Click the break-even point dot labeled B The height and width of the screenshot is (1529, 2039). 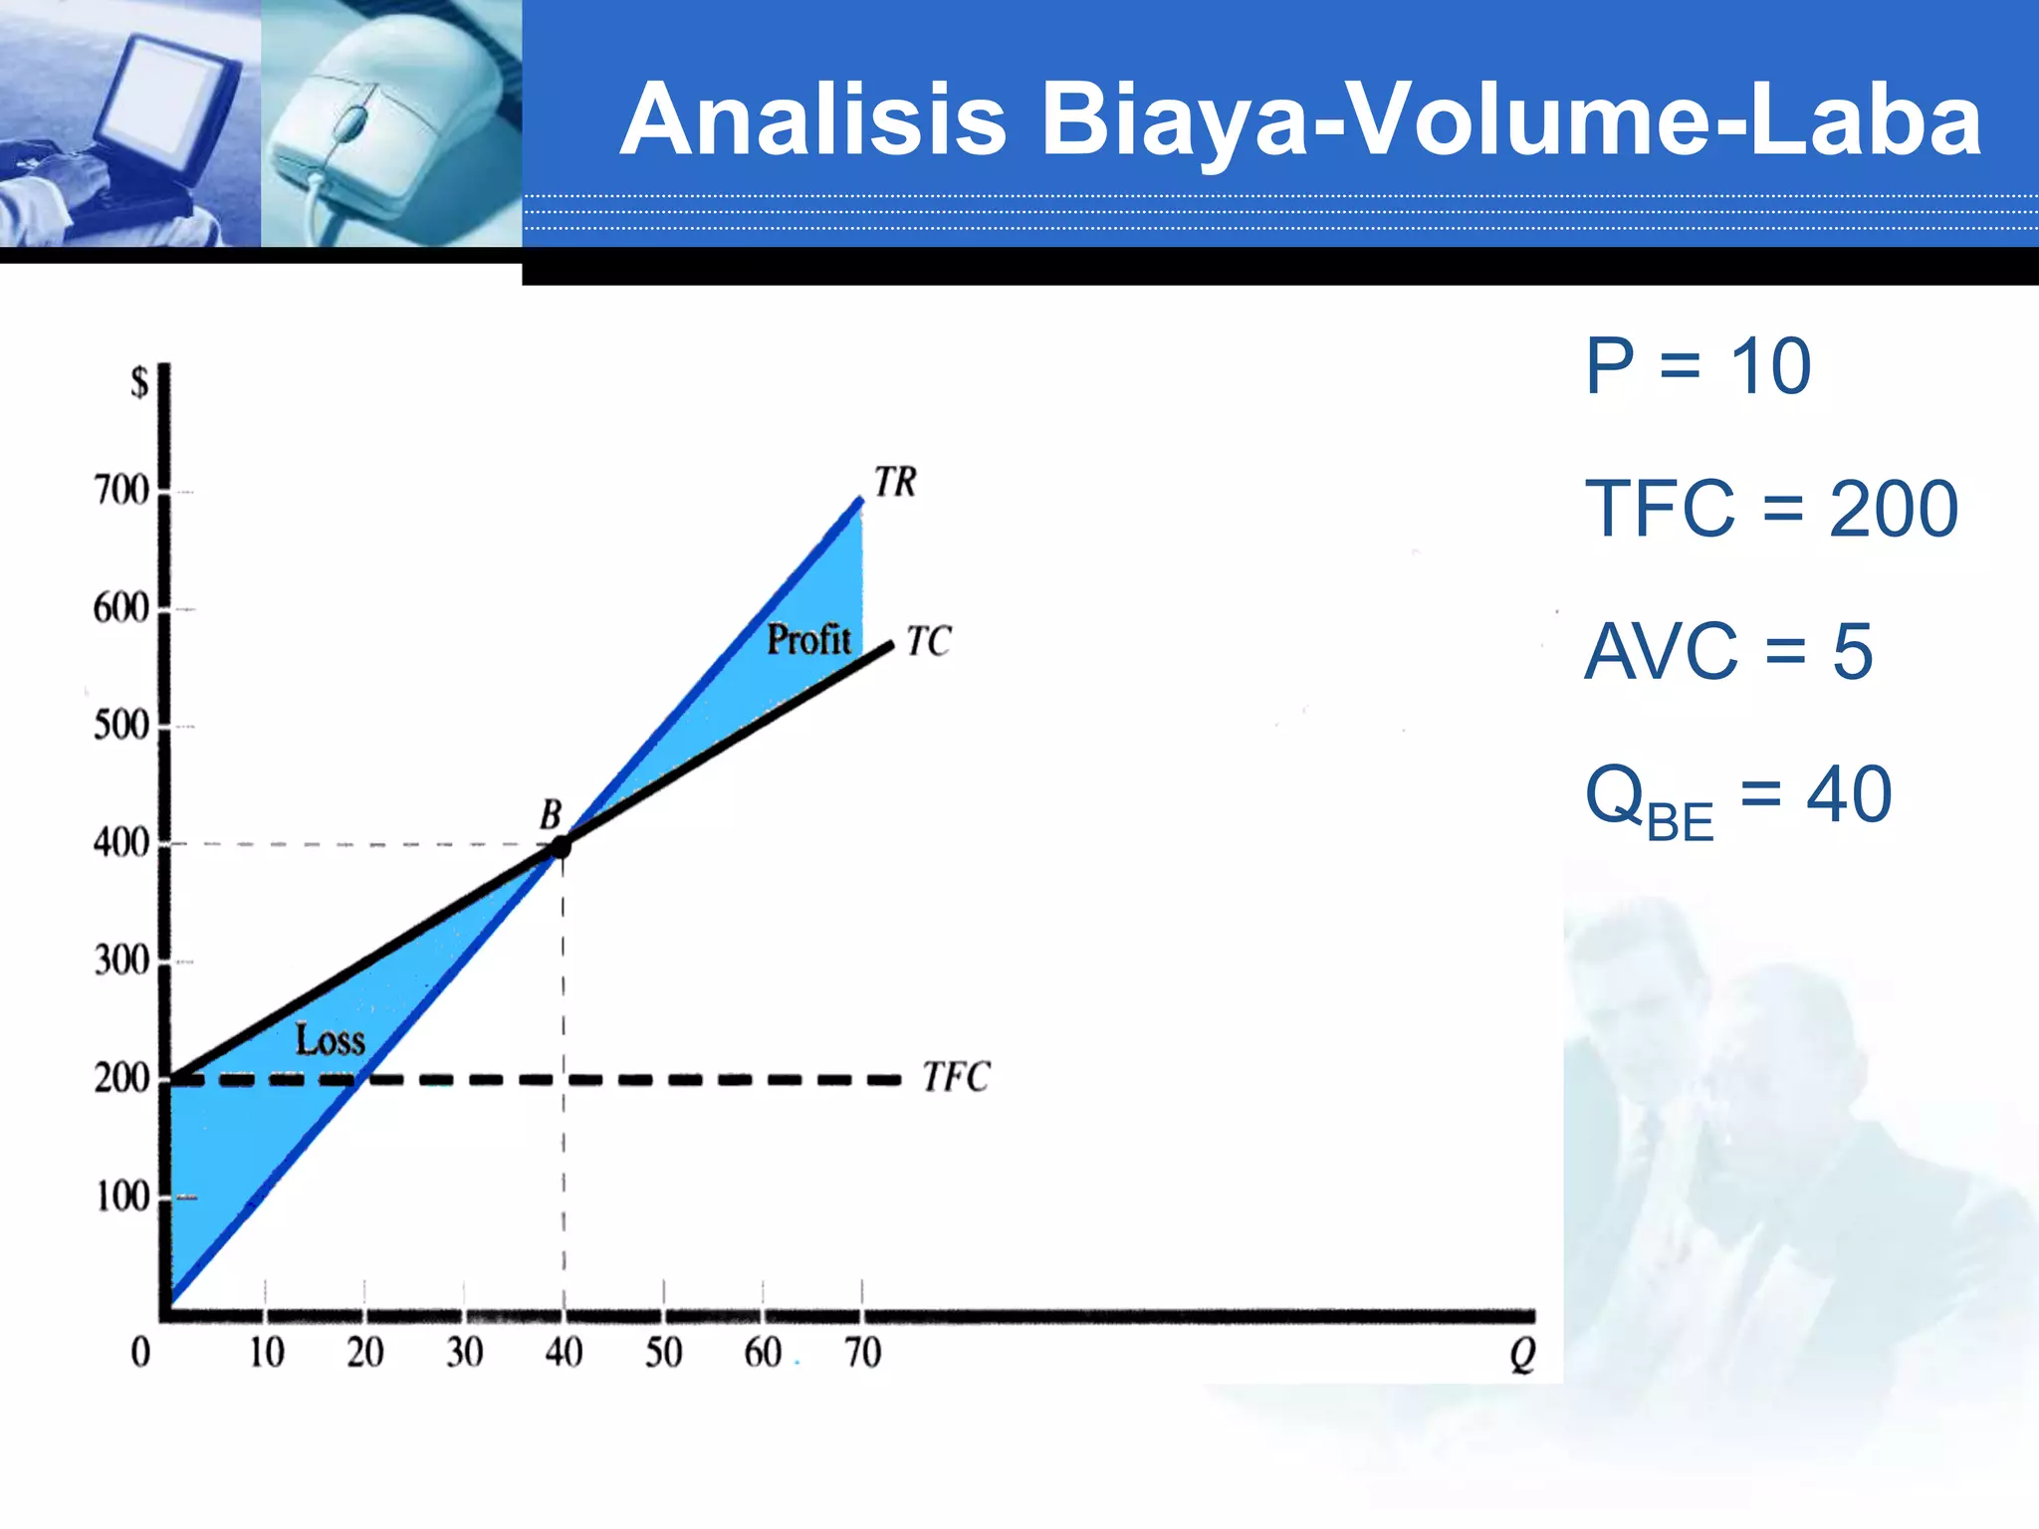561,847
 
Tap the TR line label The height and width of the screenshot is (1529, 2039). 895,483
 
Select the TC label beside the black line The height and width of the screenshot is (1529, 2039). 928,642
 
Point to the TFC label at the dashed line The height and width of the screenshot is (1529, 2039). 956,1077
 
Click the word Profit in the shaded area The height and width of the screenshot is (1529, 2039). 808,640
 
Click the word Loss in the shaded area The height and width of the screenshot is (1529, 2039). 331,1041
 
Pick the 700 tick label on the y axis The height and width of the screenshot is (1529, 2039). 121,491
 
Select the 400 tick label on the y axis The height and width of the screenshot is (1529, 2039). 121,843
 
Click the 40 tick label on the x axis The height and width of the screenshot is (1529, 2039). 564,1353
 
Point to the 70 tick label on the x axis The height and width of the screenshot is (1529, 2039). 862,1353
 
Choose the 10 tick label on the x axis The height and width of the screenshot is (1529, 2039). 266,1353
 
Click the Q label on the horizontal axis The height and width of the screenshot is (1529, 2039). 1522,1355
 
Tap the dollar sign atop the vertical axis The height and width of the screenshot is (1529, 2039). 139,382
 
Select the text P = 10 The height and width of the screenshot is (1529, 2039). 1698,366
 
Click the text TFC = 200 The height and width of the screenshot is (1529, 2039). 1771,509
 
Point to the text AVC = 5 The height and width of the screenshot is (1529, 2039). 1728,652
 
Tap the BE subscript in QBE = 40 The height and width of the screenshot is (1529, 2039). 1680,823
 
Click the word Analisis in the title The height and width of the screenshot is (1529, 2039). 813,119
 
